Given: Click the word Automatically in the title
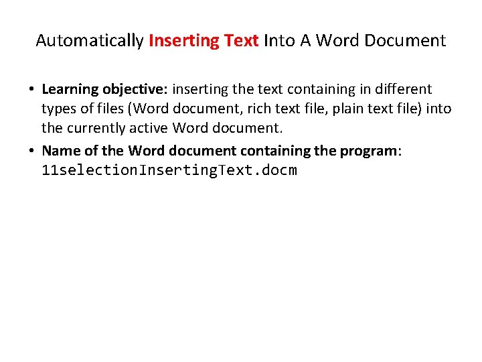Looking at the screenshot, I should (x=89, y=41).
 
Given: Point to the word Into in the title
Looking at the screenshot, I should (x=280, y=41).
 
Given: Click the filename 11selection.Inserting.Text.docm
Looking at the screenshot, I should (x=169, y=170).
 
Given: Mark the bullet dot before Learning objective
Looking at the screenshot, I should (x=31, y=90).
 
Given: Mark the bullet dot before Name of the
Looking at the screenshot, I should (x=31, y=151).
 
